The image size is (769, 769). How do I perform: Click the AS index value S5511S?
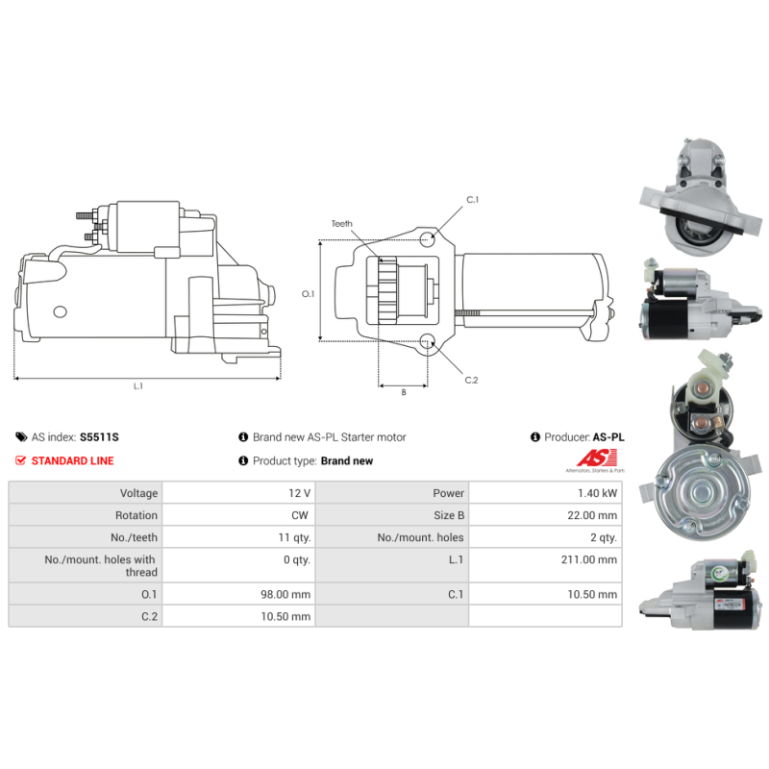[x=99, y=437]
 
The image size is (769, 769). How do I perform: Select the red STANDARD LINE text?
[x=73, y=460]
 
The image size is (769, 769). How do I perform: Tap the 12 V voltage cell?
[x=299, y=493]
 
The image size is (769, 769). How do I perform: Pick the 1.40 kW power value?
[x=597, y=493]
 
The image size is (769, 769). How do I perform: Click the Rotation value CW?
[x=300, y=515]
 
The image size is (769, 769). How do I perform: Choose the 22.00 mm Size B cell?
[x=592, y=515]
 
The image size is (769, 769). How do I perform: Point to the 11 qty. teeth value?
[x=294, y=537]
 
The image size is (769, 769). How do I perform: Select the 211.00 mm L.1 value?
[x=589, y=559]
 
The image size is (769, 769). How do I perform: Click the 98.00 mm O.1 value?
[x=285, y=594]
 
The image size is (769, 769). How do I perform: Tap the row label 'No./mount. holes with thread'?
[x=101, y=566]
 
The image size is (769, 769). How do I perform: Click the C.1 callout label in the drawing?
[x=472, y=200]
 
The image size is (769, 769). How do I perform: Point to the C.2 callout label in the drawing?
[x=471, y=380]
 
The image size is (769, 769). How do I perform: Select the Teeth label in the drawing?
[x=342, y=224]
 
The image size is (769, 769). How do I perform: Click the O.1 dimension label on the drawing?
[x=308, y=294]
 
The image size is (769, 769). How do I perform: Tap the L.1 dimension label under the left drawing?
[x=138, y=386]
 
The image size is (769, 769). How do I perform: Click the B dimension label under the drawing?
[x=404, y=392]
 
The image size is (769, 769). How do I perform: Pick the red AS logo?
[x=597, y=459]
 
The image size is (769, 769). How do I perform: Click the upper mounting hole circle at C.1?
[x=427, y=238]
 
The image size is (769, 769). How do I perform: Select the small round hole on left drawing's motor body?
[x=60, y=311]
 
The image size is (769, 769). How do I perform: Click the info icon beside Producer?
[x=535, y=437]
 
